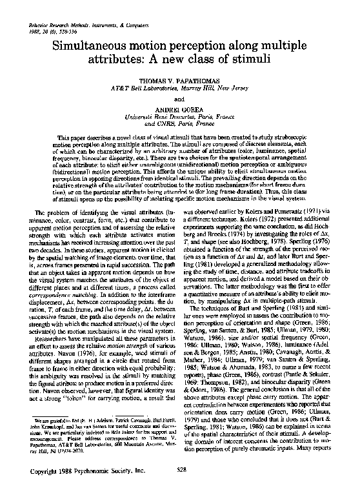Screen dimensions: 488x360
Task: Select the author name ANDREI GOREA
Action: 179,110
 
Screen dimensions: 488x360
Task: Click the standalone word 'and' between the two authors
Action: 179,98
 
